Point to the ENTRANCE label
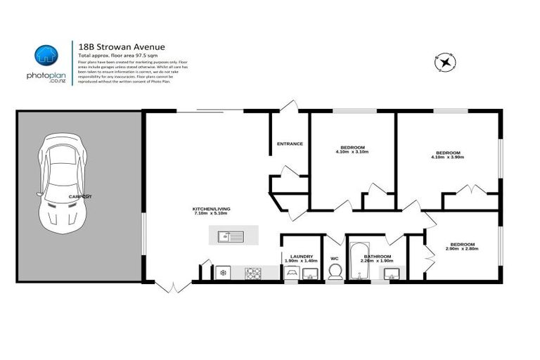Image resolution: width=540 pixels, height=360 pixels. coord(290,143)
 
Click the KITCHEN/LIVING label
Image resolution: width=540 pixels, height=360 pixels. coord(211,209)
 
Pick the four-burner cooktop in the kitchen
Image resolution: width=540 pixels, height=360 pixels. coord(253,273)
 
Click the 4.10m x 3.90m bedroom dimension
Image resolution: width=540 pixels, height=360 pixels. coord(448,157)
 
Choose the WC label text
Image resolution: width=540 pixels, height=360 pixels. coord(335,258)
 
